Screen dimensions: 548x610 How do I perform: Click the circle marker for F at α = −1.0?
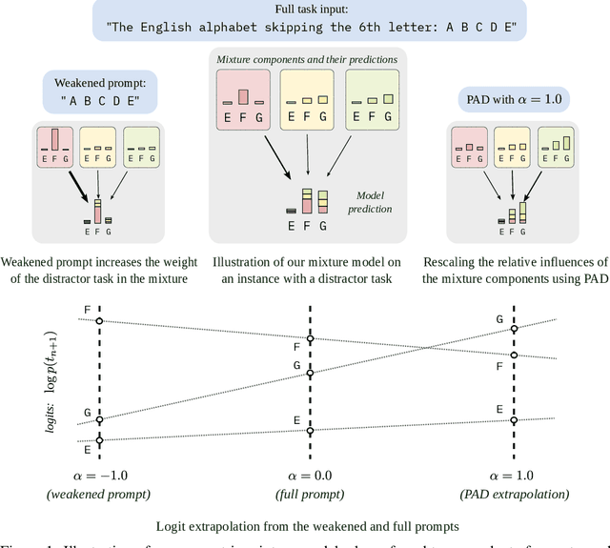(x=100, y=321)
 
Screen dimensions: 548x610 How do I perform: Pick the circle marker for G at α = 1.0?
(x=515, y=330)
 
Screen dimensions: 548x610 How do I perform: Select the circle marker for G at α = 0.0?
(x=309, y=374)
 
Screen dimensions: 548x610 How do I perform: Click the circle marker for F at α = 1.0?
(x=515, y=355)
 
